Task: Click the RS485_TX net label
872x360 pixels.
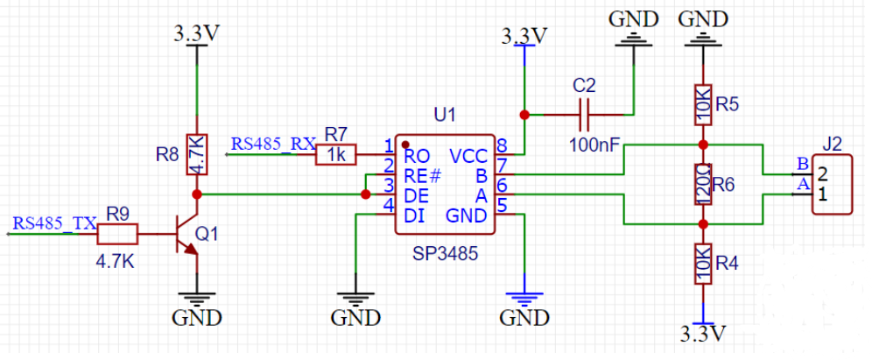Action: click(x=54, y=223)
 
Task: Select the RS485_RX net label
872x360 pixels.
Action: click(x=273, y=144)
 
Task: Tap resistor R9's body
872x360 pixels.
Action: click(x=117, y=234)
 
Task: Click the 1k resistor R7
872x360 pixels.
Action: click(x=336, y=154)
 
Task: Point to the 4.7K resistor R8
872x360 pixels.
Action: click(x=197, y=154)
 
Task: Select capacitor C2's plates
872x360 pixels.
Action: click(x=584, y=115)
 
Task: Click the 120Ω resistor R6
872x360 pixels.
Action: click(x=703, y=184)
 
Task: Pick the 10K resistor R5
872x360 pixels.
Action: click(x=703, y=103)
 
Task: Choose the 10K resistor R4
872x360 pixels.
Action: click(x=703, y=264)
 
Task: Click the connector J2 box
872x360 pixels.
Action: click(x=832, y=185)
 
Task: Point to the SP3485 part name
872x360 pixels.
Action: click(x=445, y=254)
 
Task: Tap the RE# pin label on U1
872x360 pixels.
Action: click(x=423, y=176)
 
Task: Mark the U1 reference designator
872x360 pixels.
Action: click(x=445, y=116)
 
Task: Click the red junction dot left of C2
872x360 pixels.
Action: click(x=524, y=115)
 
